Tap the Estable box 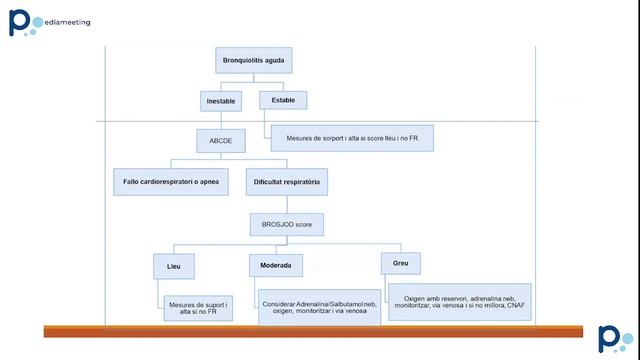[x=282, y=100]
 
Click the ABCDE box [x=220, y=141]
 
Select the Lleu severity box [x=174, y=267]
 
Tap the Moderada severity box [x=276, y=267]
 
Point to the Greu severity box [x=400, y=264]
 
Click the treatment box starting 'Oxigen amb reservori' [x=458, y=299]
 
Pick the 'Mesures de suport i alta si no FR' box [x=199, y=309]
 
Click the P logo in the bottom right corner [x=610, y=338]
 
